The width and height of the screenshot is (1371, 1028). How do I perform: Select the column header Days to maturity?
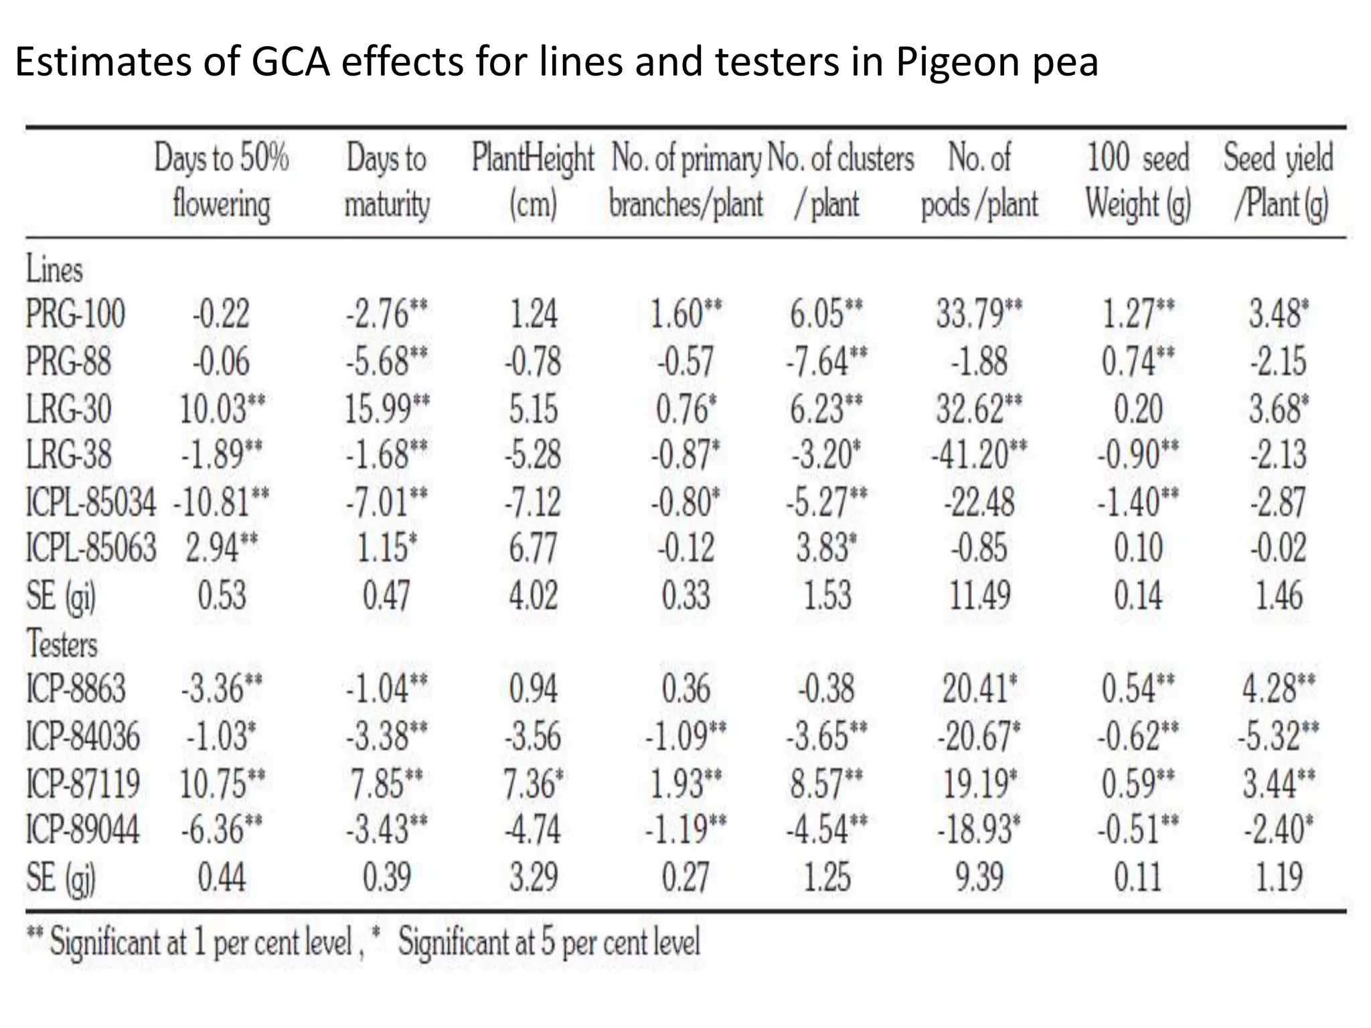tap(386, 181)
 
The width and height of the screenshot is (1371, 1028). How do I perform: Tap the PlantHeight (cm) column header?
tap(533, 181)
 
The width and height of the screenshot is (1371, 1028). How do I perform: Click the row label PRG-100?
tap(75, 313)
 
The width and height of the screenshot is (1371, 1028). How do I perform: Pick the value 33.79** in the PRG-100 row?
tap(978, 313)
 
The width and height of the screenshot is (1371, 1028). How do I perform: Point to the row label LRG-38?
tap(69, 454)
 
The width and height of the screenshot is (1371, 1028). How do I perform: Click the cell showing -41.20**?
tap(978, 454)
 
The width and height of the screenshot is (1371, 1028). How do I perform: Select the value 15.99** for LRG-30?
tap(386, 408)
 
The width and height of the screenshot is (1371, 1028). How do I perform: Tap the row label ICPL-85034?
tap(90, 502)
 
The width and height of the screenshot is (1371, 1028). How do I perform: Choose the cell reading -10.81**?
tap(221, 502)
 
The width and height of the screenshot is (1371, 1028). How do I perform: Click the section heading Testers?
tap(62, 644)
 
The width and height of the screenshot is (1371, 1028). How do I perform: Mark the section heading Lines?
tap(54, 270)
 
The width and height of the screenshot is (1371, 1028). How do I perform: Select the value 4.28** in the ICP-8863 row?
tap(1278, 689)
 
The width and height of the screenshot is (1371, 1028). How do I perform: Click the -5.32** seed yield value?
tap(1278, 736)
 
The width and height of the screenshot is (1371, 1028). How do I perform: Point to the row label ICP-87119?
tap(82, 783)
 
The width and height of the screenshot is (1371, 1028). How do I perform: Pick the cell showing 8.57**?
tap(825, 783)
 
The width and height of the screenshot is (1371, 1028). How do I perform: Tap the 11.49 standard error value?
tap(978, 595)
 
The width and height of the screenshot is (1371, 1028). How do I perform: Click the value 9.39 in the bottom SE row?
tap(978, 877)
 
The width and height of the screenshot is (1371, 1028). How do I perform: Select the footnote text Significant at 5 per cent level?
tap(548, 942)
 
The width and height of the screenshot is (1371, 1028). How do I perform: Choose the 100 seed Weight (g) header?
tap(1137, 181)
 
